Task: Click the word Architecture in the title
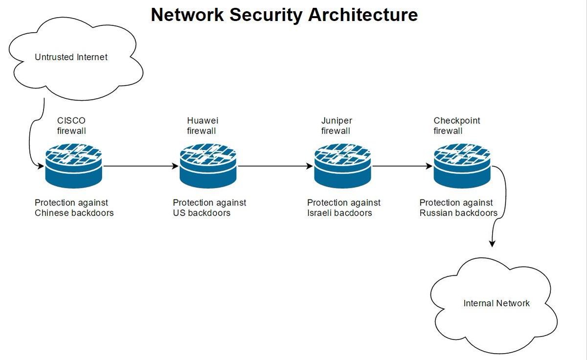[362, 15]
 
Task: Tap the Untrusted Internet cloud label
[71, 57]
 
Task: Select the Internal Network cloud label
[497, 303]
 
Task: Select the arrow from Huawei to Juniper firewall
[275, 166]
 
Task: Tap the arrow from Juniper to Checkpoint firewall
[403, 166]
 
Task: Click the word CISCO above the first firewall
[71, 121]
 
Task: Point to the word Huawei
[203, 121]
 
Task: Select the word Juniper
[337, 121]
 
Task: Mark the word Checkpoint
[457, 121]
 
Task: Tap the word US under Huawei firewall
[179, 213]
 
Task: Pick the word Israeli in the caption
[319, 213]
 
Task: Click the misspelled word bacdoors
[353, 213]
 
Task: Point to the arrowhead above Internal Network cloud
[492, 244]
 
